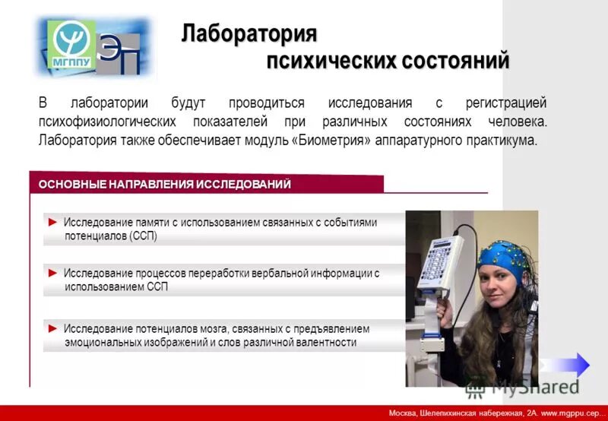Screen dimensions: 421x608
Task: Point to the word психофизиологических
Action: coord(109,122)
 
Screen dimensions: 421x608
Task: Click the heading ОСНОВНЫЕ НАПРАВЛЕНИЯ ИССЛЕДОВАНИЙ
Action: coord(165,185)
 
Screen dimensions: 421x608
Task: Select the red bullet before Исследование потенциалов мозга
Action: coord(52,329)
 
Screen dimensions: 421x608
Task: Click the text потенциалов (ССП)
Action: coord(110,236)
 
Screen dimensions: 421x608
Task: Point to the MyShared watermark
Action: coord(525,385)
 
